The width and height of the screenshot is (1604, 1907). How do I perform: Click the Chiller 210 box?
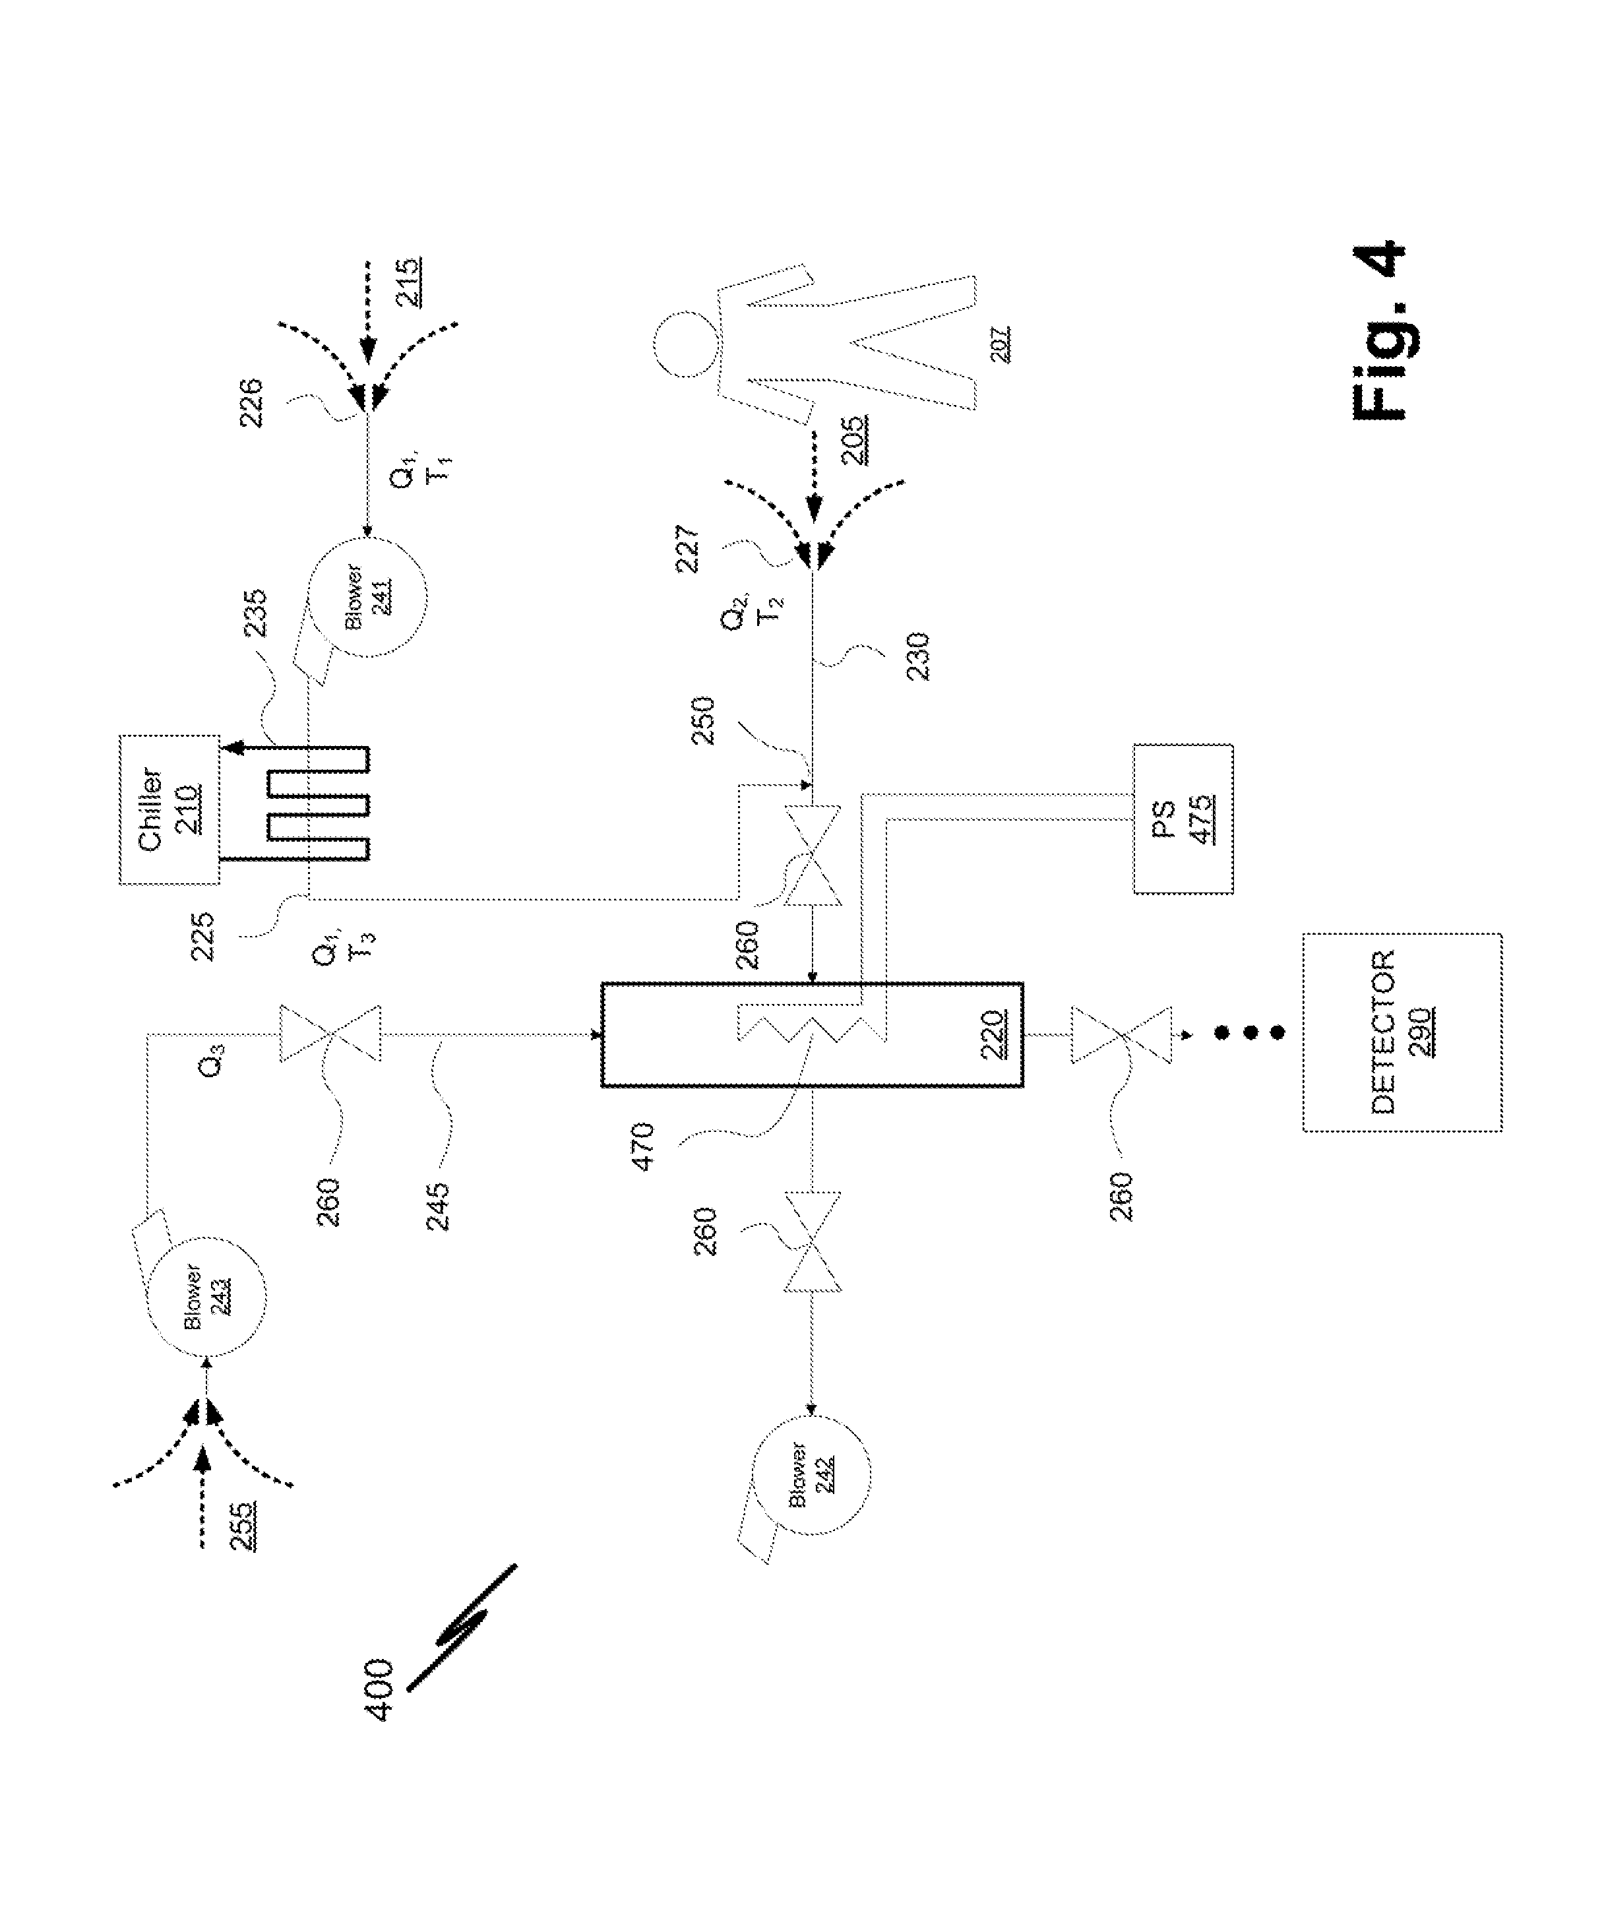169,809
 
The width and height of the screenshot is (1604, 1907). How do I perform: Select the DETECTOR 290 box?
1402,1032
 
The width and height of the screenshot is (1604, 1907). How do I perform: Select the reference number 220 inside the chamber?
992,1035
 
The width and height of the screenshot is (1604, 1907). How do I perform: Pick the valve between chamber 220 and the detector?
1121,1034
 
